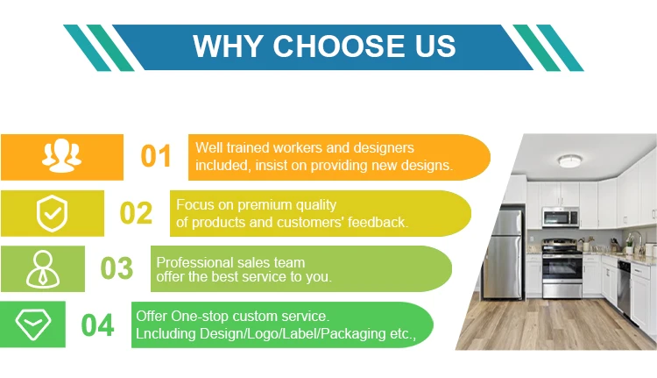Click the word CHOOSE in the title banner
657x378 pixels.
pos(340,46)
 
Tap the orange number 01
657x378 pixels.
pos(156,156)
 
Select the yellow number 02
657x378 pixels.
pos(136,213)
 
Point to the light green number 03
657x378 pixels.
pos(117,267)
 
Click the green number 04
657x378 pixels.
pos(97,325)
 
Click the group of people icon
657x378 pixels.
pos(61,155)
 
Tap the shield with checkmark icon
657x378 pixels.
pos(52,213)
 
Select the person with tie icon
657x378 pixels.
pos(43,269)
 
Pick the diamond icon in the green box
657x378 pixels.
pos(33,325)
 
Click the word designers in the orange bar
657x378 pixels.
pos(384,147)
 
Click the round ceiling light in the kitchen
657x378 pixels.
pos(570,160)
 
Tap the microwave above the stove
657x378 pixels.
pos(561,218)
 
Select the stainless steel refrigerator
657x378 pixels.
pos(503,253)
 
